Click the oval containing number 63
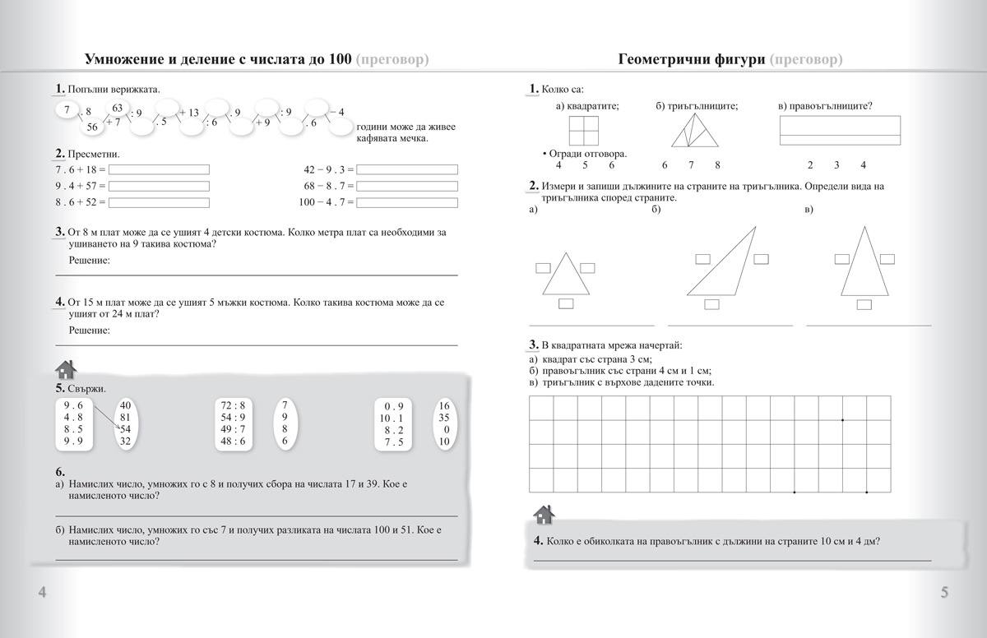[x=118, y=108]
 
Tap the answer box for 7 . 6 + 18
[x=160, y=170]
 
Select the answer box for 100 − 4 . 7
[x=407, y=201]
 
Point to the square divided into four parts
[x=583, y=131]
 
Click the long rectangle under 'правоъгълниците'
[x=839, y=126]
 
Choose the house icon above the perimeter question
[x=544, y=515]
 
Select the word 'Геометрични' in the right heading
[x=662, y=60]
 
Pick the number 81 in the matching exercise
[x=125, y=417]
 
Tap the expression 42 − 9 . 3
[x=328, y=170]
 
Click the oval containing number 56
[x=91, y=127]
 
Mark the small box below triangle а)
[x=566, y=304]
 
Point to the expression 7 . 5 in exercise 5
[x=392, y=442]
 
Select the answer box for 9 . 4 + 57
[x=160, y=186]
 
